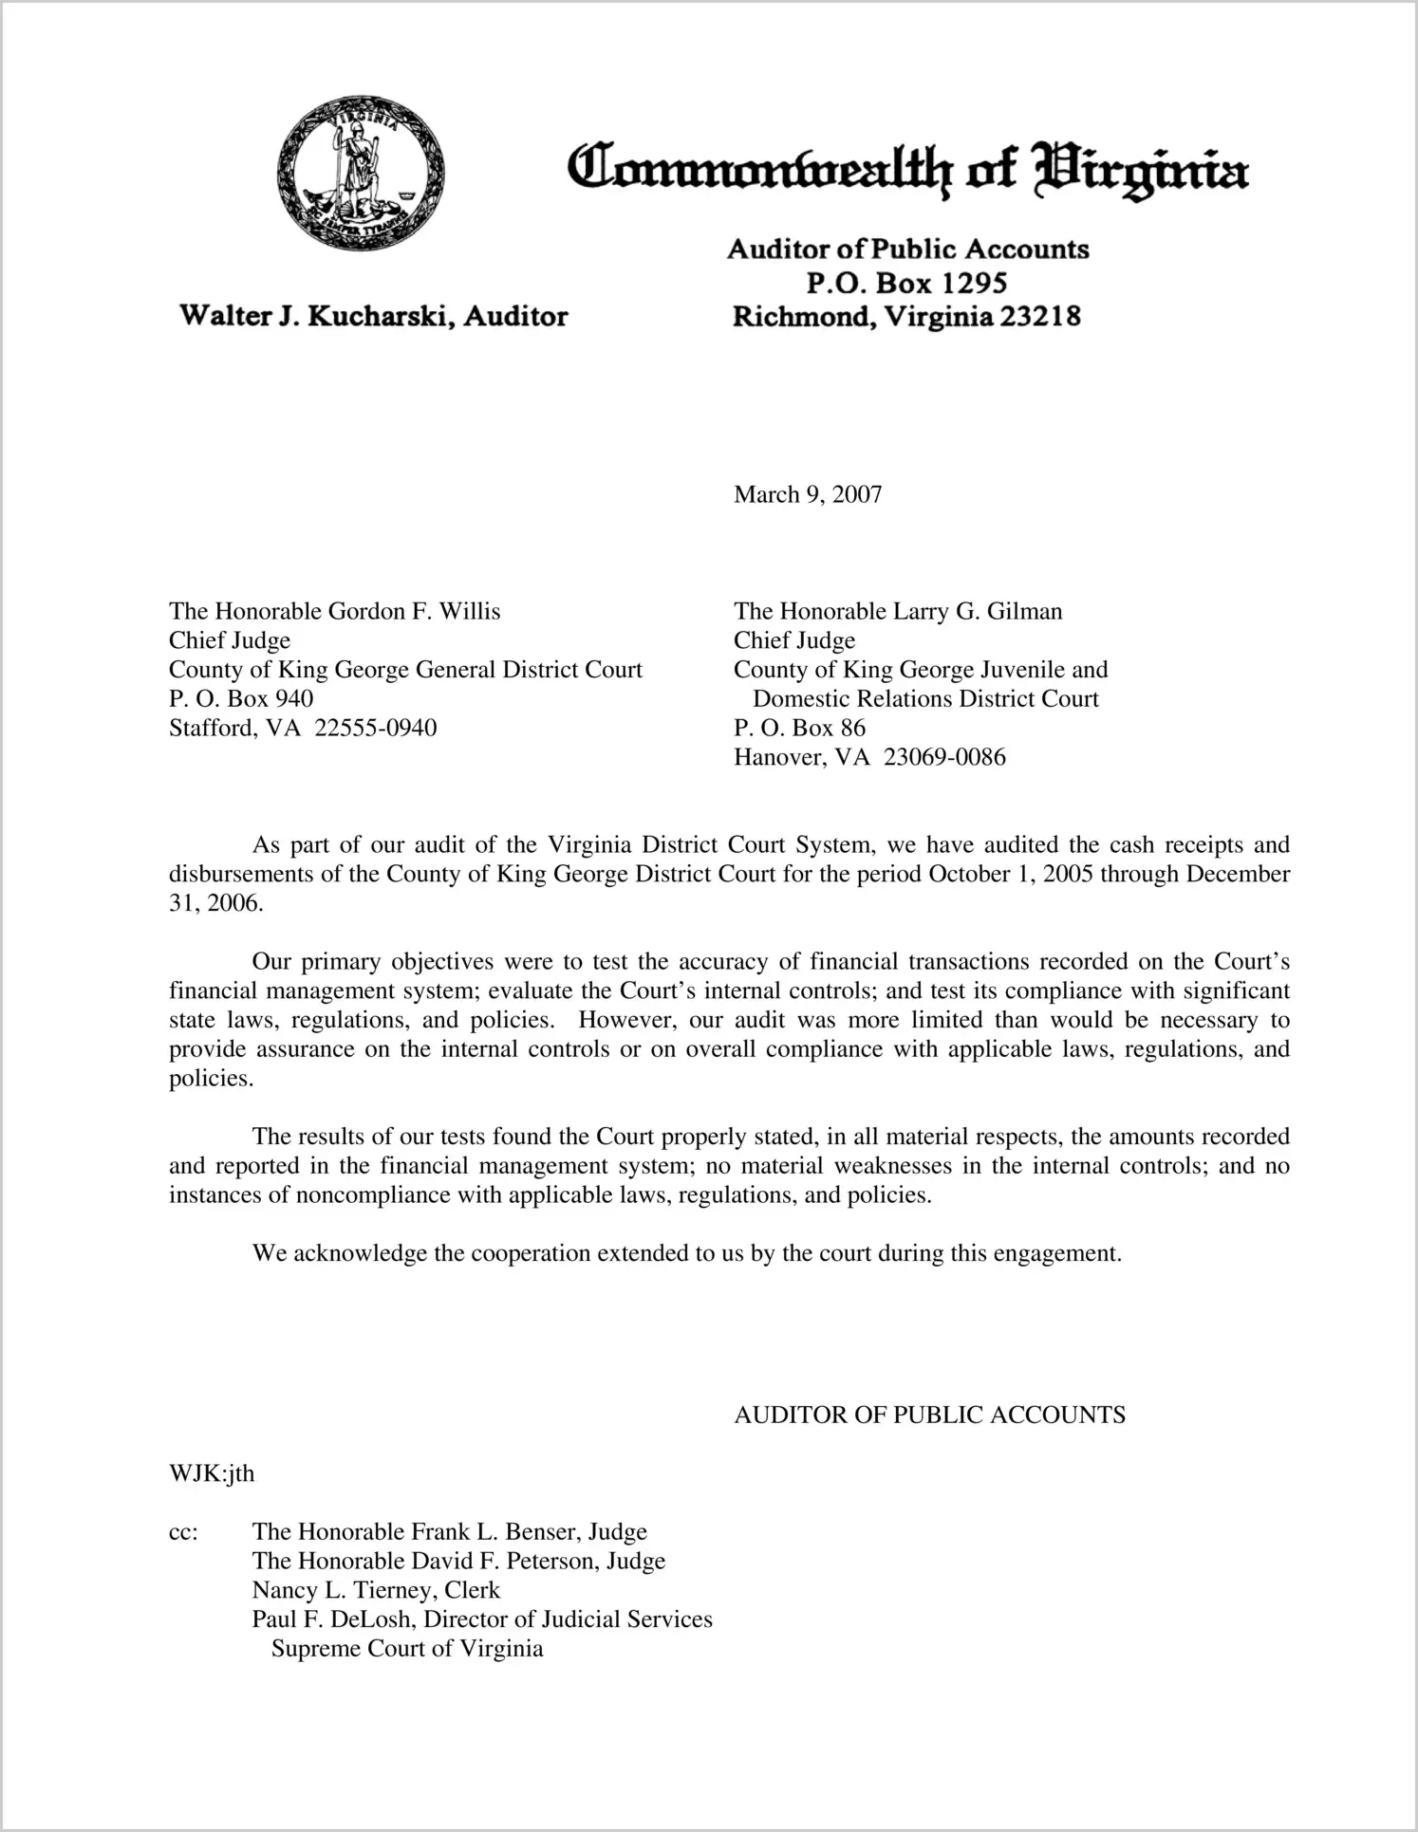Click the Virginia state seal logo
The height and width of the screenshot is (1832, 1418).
click(361, 174)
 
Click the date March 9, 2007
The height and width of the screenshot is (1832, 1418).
click(807, 494)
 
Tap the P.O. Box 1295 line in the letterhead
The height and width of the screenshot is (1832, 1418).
click(906, 283)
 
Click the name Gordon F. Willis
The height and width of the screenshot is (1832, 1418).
click(414, 611)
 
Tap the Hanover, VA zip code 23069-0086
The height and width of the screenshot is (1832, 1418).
click(943, 757)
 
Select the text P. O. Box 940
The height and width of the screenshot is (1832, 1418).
click(241, 698)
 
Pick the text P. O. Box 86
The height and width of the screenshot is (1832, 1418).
click(799, 728)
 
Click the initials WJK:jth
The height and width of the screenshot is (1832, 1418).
click(212, 1473)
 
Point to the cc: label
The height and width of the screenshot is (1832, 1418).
click(183, 1532)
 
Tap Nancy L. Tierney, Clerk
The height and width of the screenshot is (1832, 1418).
click(376, 1590)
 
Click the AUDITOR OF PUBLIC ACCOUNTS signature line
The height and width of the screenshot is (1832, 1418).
click(929, 1415)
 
